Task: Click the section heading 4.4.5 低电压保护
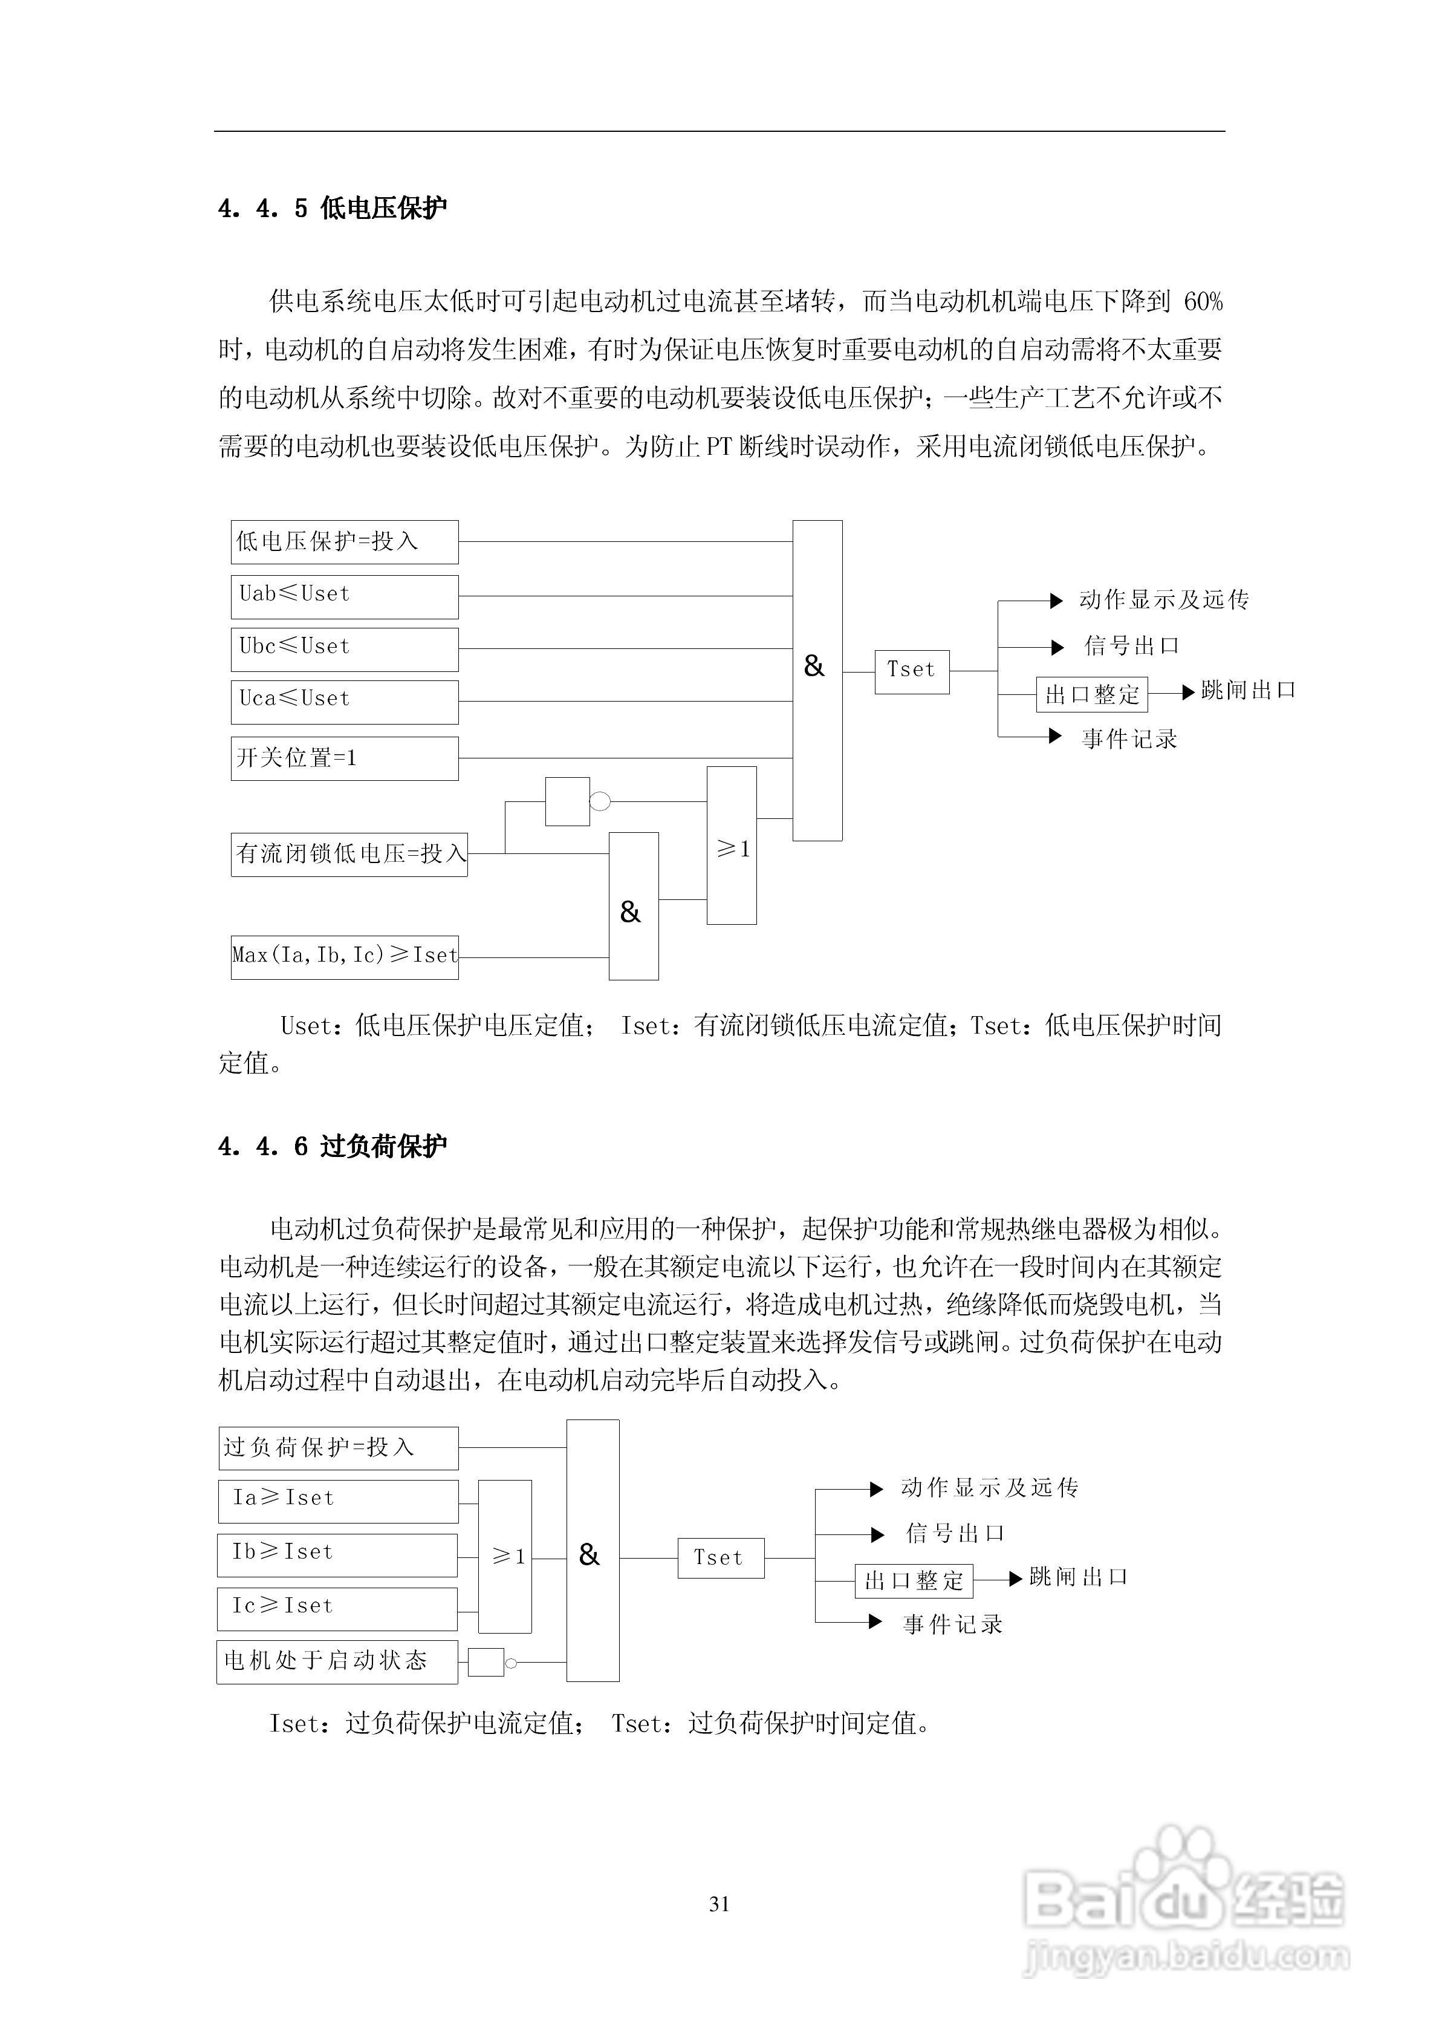pyautogui.click(x=333, y=209)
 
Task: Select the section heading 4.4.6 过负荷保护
pyautogui.click(x=333, y=1146)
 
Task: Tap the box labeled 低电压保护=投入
pyautogui.click(x=344, y=542)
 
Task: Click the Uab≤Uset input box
pyautogui.click(x=344, y=596)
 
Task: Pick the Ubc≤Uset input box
pyautogui.click(x=344, y=648)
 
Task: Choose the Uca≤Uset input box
pyautogui.click(x=344, y=702)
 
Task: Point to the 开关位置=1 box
pyautogui.click(x=344, y=758)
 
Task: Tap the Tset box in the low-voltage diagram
pyautogui.click(x=911, y=671)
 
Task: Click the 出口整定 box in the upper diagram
pyautogui.click(x=1091, y=694)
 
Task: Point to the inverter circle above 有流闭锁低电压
pyautogui.click(x=600, y=802)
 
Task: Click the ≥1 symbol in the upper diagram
pyautogui.click(x=733, y=849)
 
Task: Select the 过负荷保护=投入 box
pyautogui.click(x=337, y=1448)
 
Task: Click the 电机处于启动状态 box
pyautogui.click(x=337, y=1661)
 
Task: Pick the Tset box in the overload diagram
pyautogui.click(x=720, y=1558)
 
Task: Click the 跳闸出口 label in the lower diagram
pyautogui.click(x=1079, y=1577)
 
